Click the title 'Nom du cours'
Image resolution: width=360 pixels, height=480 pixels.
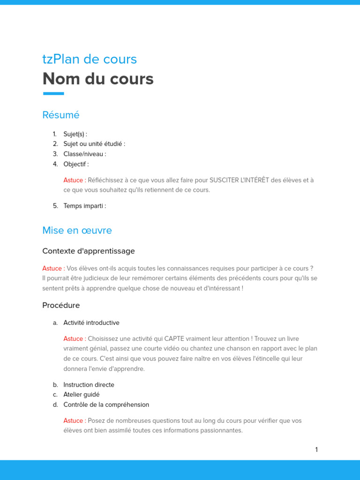(98, 79)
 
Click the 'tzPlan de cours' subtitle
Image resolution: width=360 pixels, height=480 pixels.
(90, 59)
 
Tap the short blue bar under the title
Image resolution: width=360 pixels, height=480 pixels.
(53, 94)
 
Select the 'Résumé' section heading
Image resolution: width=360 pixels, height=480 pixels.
(61, 115)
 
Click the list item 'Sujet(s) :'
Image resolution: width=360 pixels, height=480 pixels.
(75, 134)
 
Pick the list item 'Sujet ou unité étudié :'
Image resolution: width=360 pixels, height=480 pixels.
(94, 144)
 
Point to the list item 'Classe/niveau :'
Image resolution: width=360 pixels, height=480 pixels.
(85, 154)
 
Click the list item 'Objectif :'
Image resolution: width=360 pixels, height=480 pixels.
(76, 164)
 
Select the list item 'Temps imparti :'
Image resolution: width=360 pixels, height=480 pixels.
(85, 206)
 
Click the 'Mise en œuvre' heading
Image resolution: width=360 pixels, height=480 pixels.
(77, 231)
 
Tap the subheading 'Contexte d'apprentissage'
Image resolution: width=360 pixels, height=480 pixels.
(89, 251)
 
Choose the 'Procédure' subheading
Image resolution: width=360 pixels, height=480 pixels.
(61, 306)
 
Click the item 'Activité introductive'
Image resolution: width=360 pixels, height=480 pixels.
(91, 323)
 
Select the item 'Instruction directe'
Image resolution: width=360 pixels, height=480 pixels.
(89, 385)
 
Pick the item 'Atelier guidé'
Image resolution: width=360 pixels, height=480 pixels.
(82, 395)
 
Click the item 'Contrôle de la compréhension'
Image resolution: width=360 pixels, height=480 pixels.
(106, 405)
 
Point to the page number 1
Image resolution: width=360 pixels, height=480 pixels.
(316, 450)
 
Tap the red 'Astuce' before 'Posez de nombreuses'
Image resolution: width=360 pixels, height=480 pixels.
(74, 421)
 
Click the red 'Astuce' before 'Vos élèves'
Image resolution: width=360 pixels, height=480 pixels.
(52, 269)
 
